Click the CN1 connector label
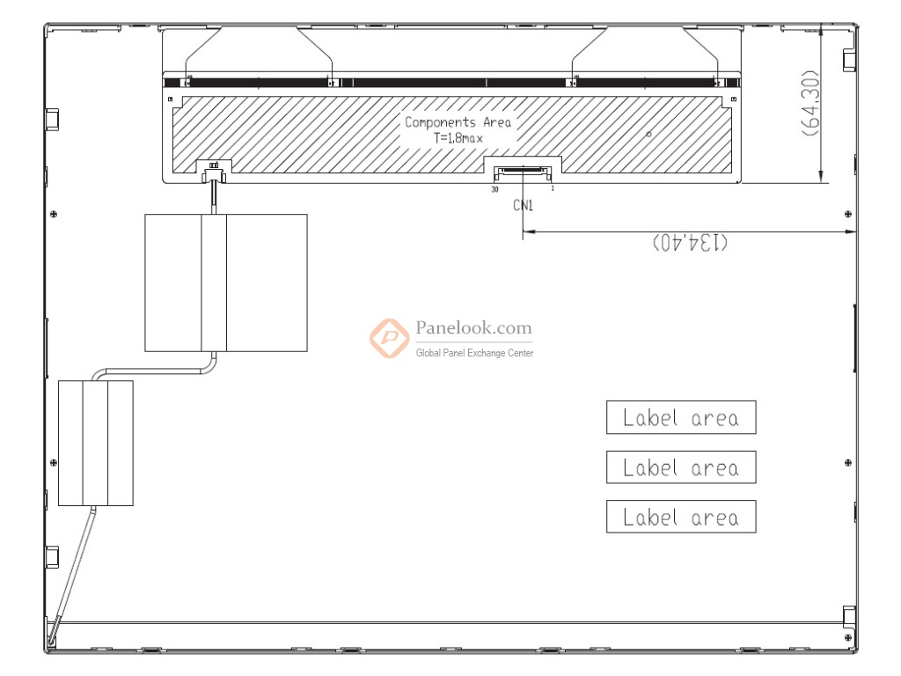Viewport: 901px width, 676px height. tap(523, 205)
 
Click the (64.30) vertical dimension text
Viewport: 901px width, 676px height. tap(811, 104)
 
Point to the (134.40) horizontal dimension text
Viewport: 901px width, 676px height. tap(690, 242)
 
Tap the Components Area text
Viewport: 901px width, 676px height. tap(458, 121)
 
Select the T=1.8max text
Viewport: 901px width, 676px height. tap(458, 138)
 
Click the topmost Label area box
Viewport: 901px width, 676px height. tap(681, 417)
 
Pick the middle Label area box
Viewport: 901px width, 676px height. tap(681, 467)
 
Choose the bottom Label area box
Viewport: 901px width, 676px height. tap(681, 516)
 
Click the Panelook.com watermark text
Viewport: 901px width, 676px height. tap(473, 327)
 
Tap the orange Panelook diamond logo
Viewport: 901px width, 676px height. tap(390, 338)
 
